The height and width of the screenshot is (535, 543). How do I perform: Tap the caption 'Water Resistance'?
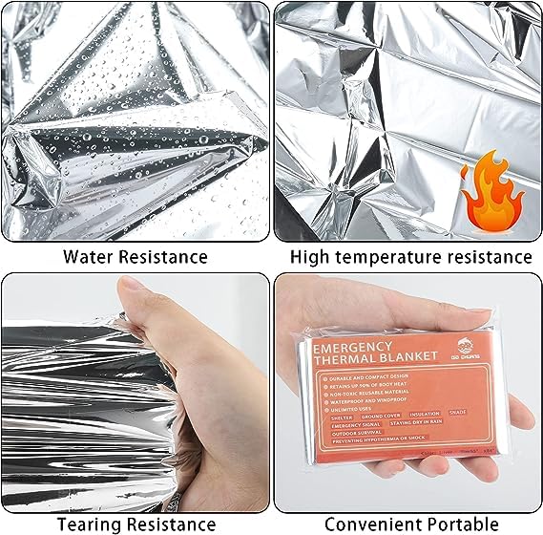pyautogui.click(x=135, y=256)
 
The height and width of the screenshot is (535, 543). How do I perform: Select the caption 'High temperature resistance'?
pyautogui.click(x=411, y=256)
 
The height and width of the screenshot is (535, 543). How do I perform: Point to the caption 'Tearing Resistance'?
pyautogui.click(x=135, y=523)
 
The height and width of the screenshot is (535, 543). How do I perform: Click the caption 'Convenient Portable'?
pyautogui.click(x=411, y=523)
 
